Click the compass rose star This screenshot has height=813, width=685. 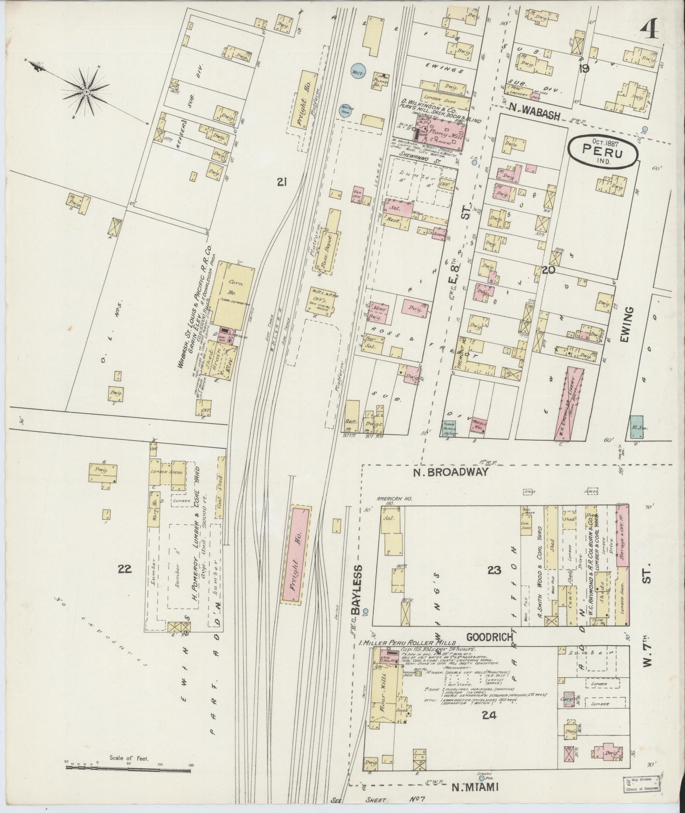pos(87,90)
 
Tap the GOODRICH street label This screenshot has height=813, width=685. pos(486,637)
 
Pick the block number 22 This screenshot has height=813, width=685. pos(125,569)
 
